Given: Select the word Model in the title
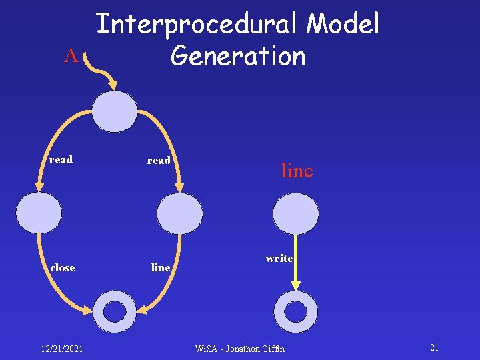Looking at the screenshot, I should click(x=343, y=25).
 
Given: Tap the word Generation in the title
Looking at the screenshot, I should click(x=238, y=55).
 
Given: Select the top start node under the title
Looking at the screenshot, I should click(x=115, y=111).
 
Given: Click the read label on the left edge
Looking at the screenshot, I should click(x=61, y=160).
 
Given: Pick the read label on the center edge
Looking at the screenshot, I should click(x=159, y=161).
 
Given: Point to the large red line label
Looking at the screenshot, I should click(x=297, y=171).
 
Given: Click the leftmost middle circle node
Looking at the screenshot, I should click(x=39, y=212).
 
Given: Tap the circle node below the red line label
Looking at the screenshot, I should click(x=296, y=213).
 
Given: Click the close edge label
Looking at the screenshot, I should click(x=63, y=268).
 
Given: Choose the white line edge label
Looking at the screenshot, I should click(x=161, y=268).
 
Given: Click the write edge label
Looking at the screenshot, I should click(x=279, y=258).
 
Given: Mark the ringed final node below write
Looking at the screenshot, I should click(x=296, y=311).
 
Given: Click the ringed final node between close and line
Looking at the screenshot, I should click(x=115, y=311).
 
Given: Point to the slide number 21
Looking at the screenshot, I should click(x=434, y=348).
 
